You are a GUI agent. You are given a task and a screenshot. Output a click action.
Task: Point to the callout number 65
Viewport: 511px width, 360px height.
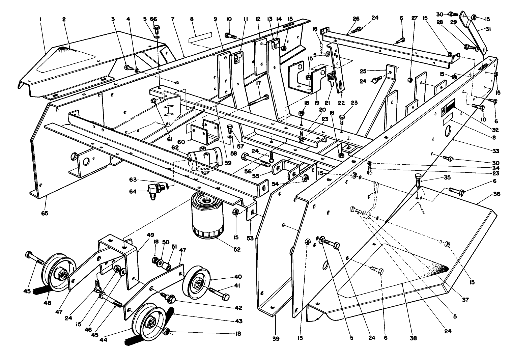coord(45,213)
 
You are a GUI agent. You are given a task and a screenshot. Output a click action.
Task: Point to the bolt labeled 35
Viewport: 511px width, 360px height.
coord(417,181)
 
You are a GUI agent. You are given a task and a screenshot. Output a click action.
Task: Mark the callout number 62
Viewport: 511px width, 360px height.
coord(174,147)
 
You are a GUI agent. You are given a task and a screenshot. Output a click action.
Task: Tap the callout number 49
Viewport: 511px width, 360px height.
coord(150,235)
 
